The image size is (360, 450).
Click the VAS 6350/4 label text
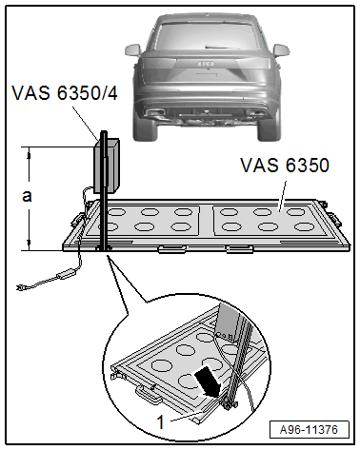[x=65, y=93]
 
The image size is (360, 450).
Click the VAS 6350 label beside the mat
[x=285, y=166]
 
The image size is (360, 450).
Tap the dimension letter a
[x=27, y=196]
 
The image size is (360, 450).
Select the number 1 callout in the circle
[x=161, y=422]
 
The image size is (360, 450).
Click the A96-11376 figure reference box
[x=309, y=430]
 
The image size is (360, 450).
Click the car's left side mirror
[x=132, y=50]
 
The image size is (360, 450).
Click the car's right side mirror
[x=281, y=50]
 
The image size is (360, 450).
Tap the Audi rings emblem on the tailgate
[x=207, y=64]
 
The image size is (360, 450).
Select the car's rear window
[x=207, y=37]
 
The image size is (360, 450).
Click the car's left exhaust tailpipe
[x=155, y=112]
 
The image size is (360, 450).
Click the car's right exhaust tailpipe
[x=255, y=112]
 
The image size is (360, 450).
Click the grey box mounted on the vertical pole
[x=107, y=166]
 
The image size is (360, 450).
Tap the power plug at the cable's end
[x=22, y=287]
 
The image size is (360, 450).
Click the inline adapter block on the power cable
[x=66, y=274]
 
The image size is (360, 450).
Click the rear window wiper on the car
[x=222, y=48]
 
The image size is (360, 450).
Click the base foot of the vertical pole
[x=104, y=248]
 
